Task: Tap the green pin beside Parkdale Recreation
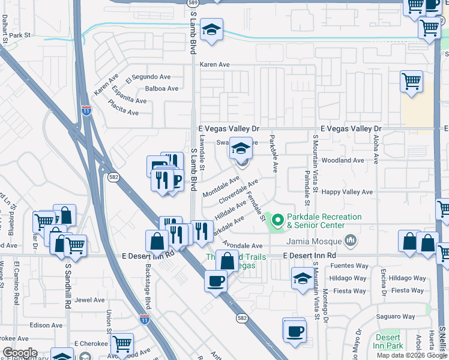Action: (x=277, y=221)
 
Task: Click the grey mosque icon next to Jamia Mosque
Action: (x=352, y=241)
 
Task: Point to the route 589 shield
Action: (x=192, y=3)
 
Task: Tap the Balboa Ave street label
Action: (x=162, y=88)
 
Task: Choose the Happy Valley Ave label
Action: (x=348, y=192)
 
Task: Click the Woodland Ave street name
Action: (x=343, y=160)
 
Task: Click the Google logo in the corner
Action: (x=20, y=353)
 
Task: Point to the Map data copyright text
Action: (x=412, y=355)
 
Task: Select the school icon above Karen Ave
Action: (x=211, y=31)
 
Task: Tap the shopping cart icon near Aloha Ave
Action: (x=411, y=82)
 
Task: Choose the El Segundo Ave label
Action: (x=148, y=77)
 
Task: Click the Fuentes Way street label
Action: (x=348, y=266)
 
